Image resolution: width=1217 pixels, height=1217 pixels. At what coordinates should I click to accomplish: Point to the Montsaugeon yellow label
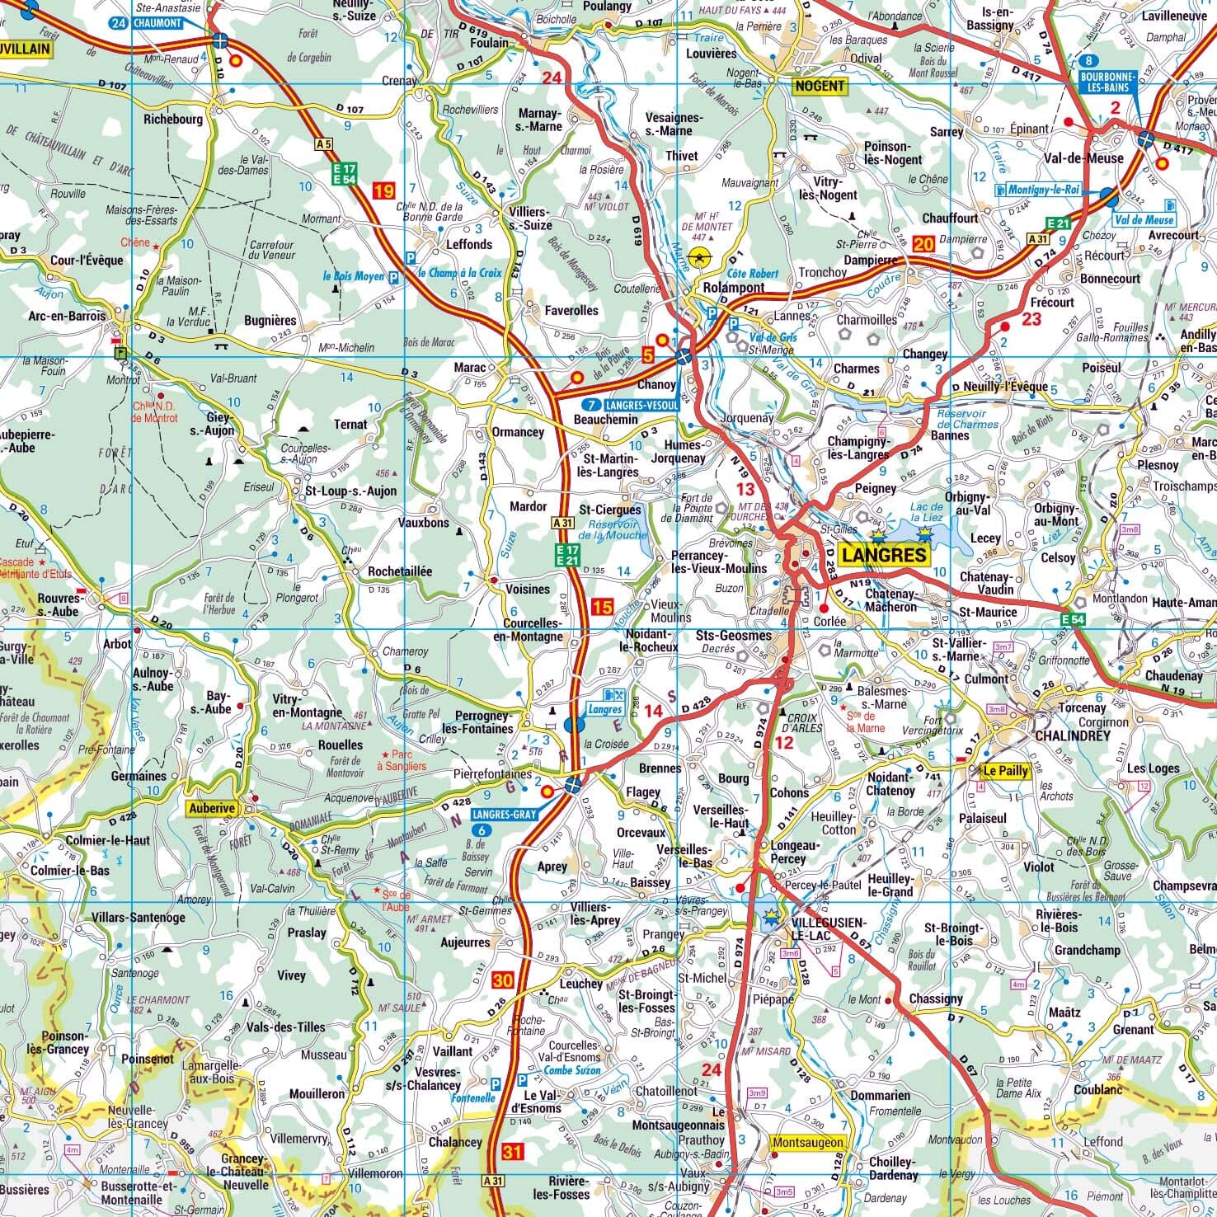(808, 1142)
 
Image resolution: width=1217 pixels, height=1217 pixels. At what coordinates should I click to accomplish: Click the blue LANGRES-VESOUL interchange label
(629, 406)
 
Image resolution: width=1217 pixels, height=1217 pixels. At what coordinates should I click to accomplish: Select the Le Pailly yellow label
(1005, 772)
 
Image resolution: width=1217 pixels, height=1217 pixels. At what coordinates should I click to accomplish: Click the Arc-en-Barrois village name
(68, 316)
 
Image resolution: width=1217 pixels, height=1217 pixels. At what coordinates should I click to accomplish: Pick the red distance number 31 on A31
(512, 1151)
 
